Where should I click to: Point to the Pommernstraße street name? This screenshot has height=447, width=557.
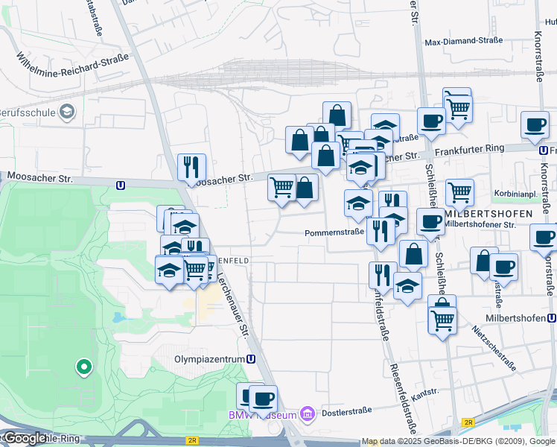(334, 232)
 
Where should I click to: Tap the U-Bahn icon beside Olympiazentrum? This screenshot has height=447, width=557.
(251, 358)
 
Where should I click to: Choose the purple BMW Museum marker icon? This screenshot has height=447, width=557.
(305, 414)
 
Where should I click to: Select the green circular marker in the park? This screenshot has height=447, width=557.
(84, 367)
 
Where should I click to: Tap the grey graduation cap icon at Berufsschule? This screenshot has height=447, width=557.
(68, 112)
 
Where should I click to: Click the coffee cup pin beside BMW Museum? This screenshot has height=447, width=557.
(263, 399)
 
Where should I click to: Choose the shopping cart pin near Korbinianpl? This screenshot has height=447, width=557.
(459, 193)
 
